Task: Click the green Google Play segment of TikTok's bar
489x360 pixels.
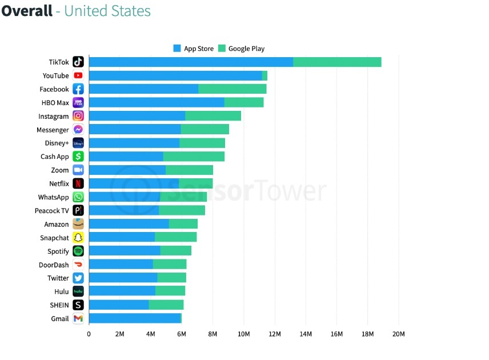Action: [337, 62]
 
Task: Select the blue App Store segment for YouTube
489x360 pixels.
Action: [175, 75]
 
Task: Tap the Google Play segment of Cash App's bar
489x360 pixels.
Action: [194, 157]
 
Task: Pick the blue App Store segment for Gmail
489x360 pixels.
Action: [135, 318]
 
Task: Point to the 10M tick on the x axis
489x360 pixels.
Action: [244, 334]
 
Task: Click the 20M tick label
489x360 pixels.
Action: [398, 334]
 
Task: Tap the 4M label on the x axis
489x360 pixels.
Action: [151, 334]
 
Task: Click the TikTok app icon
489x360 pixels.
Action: [78, 62]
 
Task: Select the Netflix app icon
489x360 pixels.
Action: [78, 183]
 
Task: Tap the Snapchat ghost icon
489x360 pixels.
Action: [78, 238]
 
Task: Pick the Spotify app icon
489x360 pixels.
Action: [78, 251]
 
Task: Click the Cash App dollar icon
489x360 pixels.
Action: [78, 157]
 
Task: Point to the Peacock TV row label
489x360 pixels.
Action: [51, 211]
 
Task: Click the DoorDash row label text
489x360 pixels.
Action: [54, 265]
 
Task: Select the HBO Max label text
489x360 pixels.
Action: [55, 103]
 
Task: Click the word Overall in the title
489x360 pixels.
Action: [27, 11]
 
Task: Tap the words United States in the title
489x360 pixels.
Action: [107, 11]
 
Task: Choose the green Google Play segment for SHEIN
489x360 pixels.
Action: [166, 305]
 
